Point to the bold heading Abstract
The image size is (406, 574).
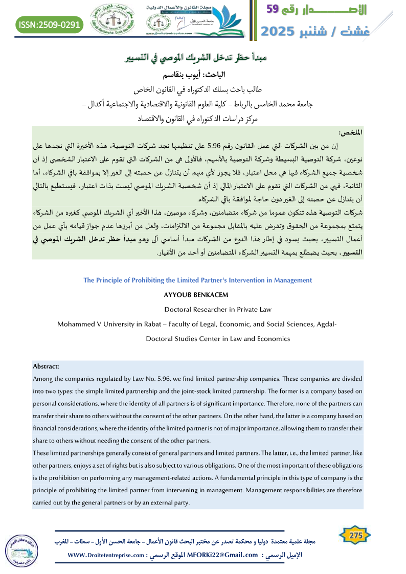click(46, 366)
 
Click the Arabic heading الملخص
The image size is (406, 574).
click(353, 132)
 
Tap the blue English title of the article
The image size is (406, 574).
click(197, 280)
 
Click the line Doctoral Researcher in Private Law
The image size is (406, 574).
click(218, 309)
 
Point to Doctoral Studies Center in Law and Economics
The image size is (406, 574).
click(218, 338)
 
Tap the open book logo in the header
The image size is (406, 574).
click(223, 19)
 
